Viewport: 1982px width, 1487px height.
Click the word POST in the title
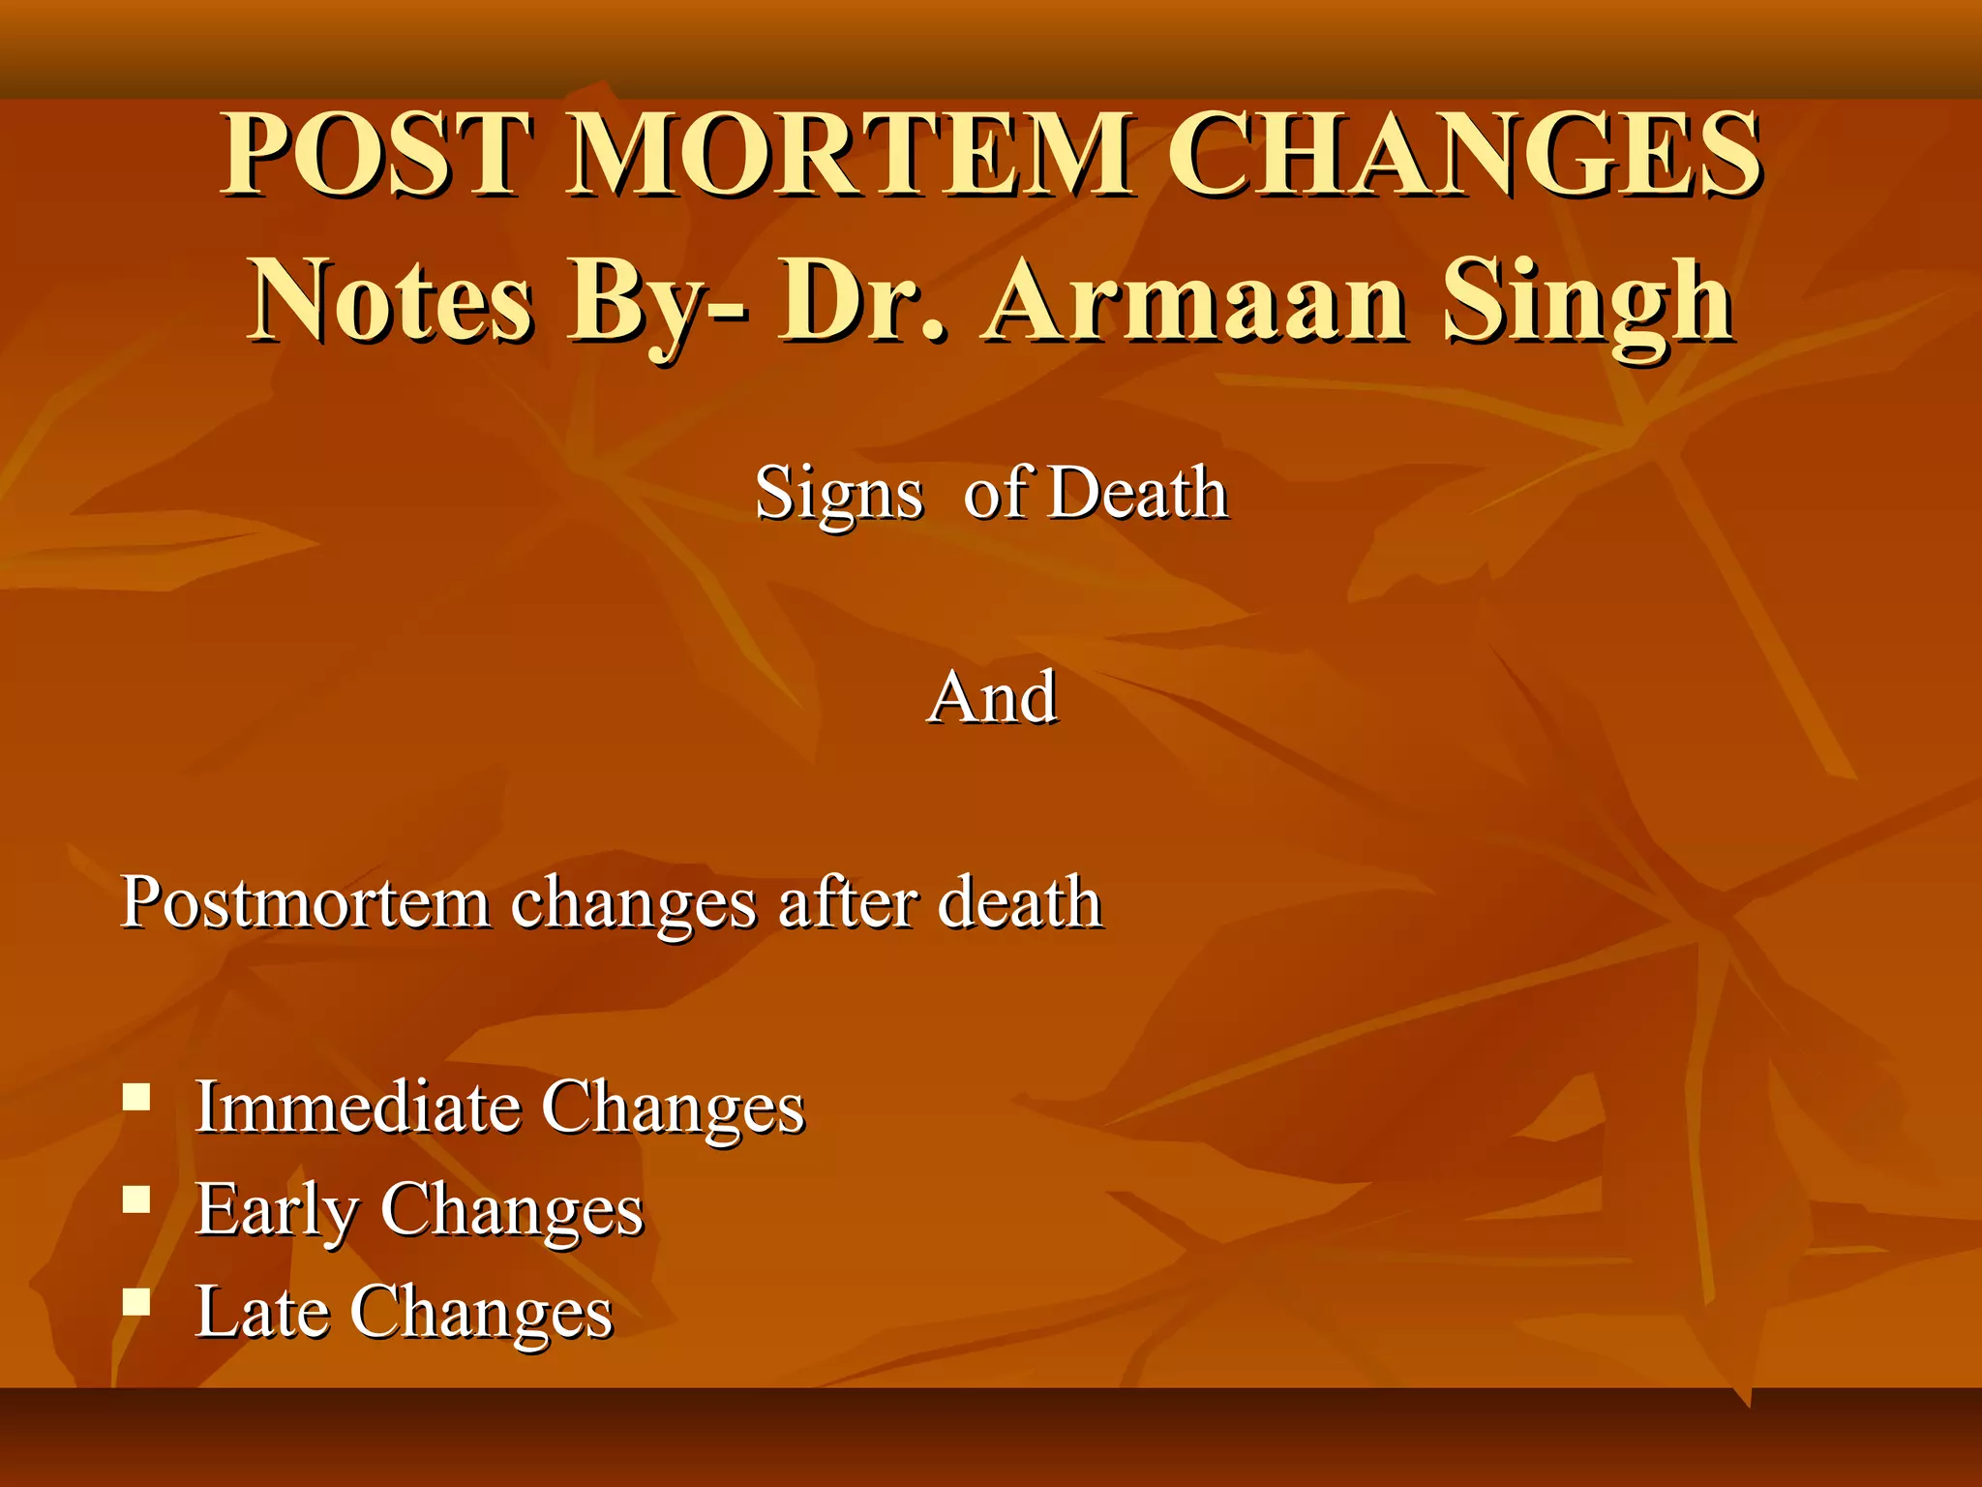pos(377,155)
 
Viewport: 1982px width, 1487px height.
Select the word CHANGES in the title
pos(1463,155)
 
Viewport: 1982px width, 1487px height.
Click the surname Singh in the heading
pos(1587,302)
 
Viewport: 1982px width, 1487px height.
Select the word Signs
pos(838,494)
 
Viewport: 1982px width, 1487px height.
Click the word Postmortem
pos(306,902)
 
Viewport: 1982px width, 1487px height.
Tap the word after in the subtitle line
pos(848,902)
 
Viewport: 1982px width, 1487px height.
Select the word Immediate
pos(358,1106)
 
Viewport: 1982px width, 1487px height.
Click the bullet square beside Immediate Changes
pos(136,1097)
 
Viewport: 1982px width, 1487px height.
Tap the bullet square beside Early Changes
pos(136,1200)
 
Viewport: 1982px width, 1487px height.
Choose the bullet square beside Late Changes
pos(136,1302)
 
